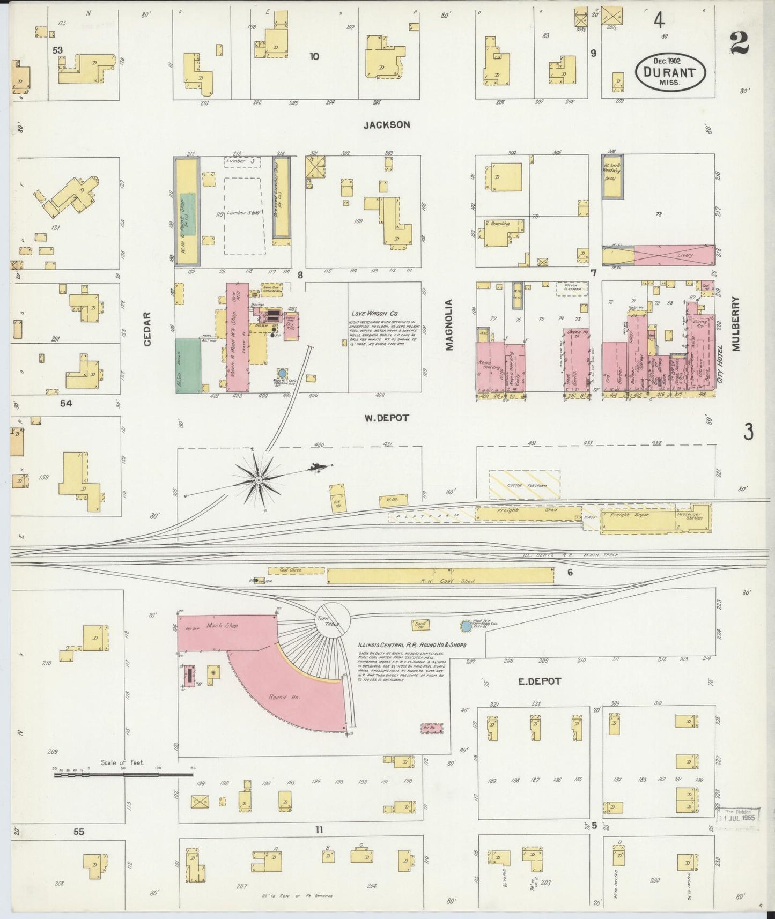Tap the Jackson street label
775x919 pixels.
point(386,124)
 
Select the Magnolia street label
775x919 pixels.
point(449,325)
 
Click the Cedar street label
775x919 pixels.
point(149,329)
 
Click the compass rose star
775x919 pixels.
point(259,479)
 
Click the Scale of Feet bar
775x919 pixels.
point(123,775)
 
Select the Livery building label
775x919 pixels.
point(685,255)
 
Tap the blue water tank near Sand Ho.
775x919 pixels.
point(466,626)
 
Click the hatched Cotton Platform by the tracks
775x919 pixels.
point(524,485)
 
